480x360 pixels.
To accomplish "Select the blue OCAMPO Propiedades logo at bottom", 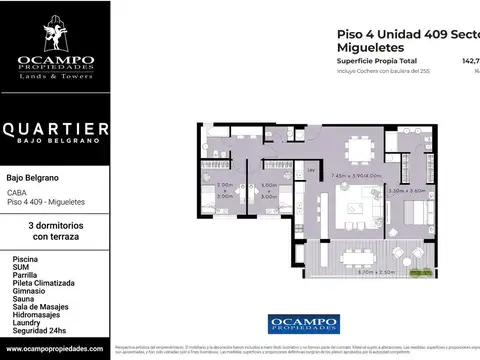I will tap(303, 323).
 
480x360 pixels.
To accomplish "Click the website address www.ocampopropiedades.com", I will tap(54, 349).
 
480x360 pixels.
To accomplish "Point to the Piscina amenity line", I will tap(25, 258).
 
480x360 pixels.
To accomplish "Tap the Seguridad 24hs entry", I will tap(41, 331).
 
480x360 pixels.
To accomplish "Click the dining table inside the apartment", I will tap(358, 147).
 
